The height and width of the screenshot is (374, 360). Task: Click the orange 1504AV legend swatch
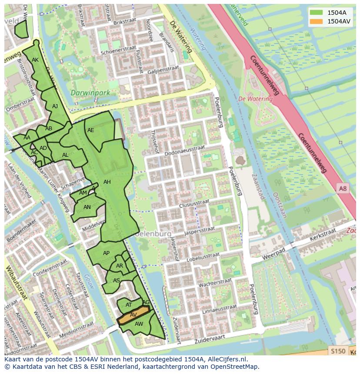point(316,21)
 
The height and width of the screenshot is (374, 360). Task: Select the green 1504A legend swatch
point(316,12)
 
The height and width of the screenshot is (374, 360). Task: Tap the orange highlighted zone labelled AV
point(133,315)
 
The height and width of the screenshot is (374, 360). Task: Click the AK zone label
point(35,60)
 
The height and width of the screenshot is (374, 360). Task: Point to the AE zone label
point(90,130)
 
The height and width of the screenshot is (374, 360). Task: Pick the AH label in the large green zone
point(107,182)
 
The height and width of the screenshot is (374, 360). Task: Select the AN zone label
point(87,207)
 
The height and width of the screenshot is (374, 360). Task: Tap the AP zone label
point(106,253)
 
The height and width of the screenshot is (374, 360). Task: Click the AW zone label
point(139,324)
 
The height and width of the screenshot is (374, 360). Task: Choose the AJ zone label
point(55,106)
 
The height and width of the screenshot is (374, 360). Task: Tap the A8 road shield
point(343,188)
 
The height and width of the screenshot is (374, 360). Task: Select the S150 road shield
point(337,351)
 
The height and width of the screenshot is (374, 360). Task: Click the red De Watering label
point(255,99)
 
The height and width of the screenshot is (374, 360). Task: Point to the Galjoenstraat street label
point(163,70)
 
